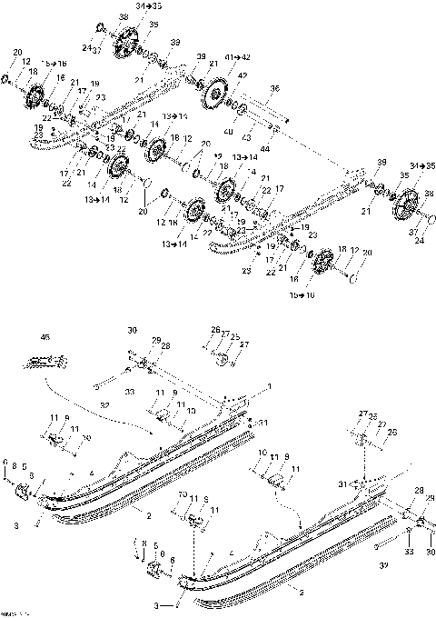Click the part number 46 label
[x=45, y=336]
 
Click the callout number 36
[x=276, y=88]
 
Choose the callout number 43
[x=246, y=135]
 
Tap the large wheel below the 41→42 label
[x=216, y=95]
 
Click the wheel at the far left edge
[x=36, y=95]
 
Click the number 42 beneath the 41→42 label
[x=243, y=77]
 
